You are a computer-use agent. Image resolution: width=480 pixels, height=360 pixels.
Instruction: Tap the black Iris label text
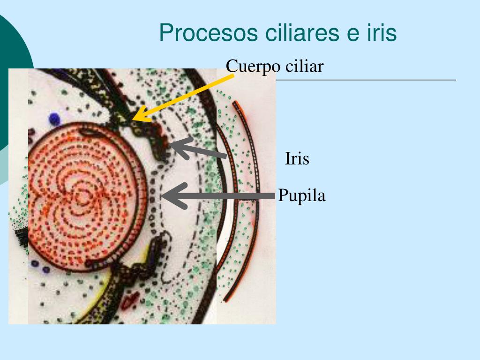pyautogui.click(x=297, y=159)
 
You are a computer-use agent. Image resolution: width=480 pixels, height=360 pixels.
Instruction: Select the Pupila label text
pyautogui.click(x=301, y=195)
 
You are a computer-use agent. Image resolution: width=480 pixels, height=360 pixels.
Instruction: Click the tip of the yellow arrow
pyautogui.click(x=134, y=120)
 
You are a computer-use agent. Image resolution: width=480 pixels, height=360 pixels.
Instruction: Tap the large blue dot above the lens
pyautogui.click(x=55, y=119)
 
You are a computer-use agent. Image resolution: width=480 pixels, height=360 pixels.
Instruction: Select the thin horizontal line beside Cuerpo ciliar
pyautogui.click(x=366, y=80)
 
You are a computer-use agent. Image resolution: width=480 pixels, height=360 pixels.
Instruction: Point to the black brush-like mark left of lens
pyautogui.click(x=21, y=237)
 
